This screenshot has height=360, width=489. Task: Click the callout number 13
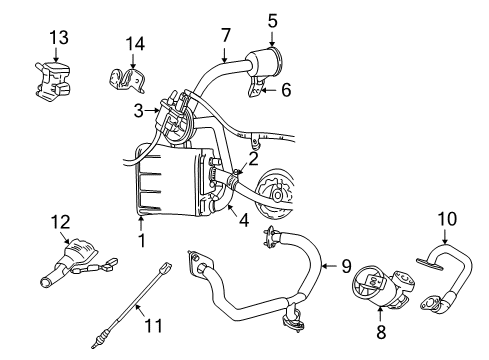tap(59, 37)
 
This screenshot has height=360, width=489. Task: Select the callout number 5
tap(273, 17)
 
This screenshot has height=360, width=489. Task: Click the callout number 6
tap(286, 89)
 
